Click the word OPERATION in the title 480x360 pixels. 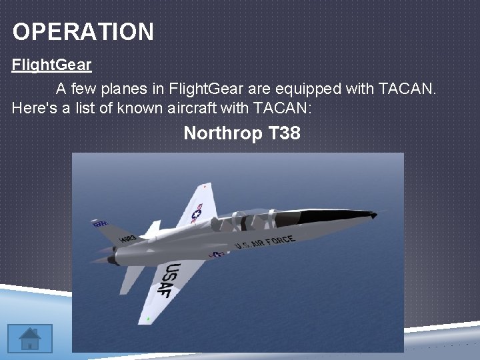(x=83, y=31)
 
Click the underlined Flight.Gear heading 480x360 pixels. (x=51, y=65)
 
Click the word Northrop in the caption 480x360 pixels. (x=223, y=133)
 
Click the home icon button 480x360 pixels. (x=30, y=337)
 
